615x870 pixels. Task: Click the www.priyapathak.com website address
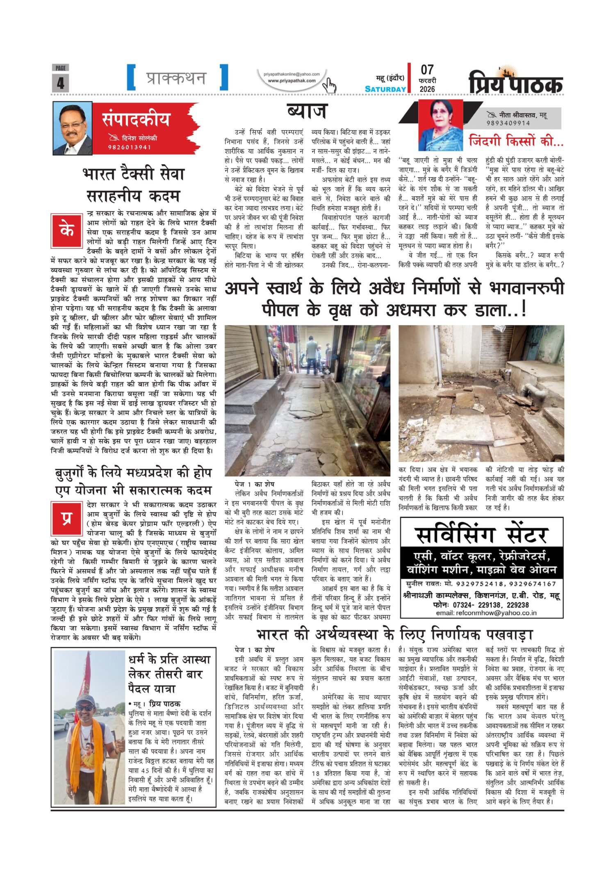click(x=292, y=81)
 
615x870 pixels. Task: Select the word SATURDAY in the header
click(x=385, y=89)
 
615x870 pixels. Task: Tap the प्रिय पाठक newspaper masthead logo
click(x=516, y=82)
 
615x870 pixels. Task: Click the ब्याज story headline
click(x=307, y=112)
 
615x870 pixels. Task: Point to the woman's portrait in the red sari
click(x=440, y=125)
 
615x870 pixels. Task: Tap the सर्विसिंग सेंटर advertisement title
click(x=481, y=535)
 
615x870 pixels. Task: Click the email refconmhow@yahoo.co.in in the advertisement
click(x=481, y=613)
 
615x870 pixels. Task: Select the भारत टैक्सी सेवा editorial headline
click(x=133, y=184)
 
